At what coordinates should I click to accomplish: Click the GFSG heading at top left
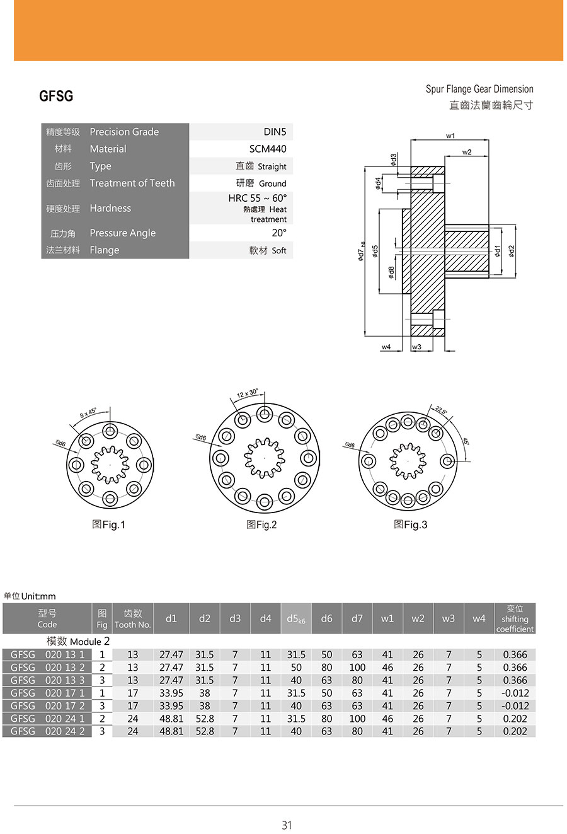(56, 96)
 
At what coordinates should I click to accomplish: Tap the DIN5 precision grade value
(275, 132)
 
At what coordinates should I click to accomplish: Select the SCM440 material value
(268, 149)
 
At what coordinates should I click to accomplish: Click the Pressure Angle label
(122, 233)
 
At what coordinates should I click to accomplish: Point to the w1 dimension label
(450, 136)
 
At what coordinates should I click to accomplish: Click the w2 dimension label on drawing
(467, 152)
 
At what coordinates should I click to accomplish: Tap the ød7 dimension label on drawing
(362, 252)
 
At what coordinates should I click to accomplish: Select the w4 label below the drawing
(386, 347)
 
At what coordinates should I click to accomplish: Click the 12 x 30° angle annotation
(248, 394)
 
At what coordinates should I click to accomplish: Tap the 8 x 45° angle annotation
(88, 414)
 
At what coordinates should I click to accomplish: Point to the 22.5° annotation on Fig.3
(440, 410)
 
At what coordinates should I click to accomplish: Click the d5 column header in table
(295, 618)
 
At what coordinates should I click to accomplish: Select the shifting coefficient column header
(515, 618)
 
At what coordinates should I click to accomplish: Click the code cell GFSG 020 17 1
(47, 693)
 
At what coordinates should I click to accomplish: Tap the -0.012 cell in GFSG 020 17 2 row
(515, 705)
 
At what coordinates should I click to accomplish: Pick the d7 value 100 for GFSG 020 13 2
(357, 667)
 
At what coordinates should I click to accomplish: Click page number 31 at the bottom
(287, 825)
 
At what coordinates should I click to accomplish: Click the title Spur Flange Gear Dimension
(479, 89)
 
